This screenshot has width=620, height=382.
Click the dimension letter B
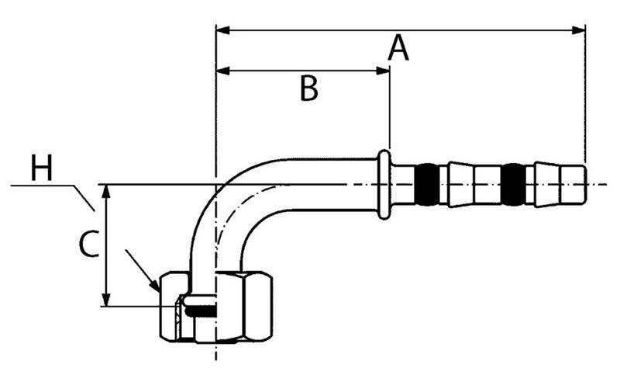(x=309, y=89)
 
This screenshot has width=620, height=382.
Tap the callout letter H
(x=42, y=168)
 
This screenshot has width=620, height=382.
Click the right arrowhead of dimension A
(x=579, y=31)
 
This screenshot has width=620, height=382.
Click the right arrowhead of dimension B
(x=383, y=71)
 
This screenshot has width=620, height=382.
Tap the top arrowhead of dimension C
(x=107, y=190)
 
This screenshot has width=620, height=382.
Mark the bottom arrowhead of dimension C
(x=107, y=300)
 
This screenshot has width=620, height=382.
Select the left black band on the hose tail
(x=427, y=184)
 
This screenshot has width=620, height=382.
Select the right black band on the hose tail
(x=513, y=184)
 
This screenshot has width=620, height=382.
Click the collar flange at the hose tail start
(x=384, y=185)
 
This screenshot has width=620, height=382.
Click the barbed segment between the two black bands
(x=470, y=184)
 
